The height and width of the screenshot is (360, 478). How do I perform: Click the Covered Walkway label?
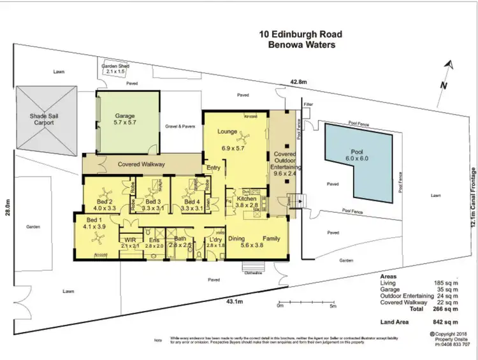141,164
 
